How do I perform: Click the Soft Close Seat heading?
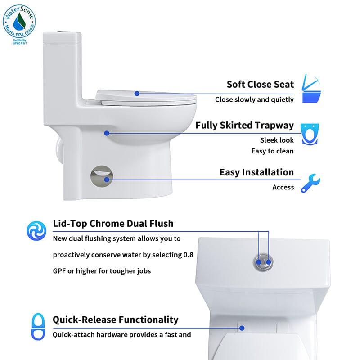pyautogui.click(x=260, y=84)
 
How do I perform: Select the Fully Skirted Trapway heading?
pyautogui.click(x=244, y=125)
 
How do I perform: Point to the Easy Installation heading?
pyautogui.click(x=256, y=172)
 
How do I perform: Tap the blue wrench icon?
pyautogui.click(x=310, y=183)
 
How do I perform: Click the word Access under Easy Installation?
pyautogui.click(x=283, y=187)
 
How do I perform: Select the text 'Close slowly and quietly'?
pyautogui.click(x=254, y=99)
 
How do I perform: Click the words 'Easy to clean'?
pyautogui.click(x=272, y=151)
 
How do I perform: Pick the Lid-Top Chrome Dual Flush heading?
pyautogui.click(x=113, y=223)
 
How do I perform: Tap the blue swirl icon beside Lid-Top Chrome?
pyautogui.click(x=36, y=229)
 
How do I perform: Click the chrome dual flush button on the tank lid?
pyautogui.click(x=264, y=261)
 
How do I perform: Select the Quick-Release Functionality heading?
pyautogui.click(x=116, y=319)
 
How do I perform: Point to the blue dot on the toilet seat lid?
pyautogui.click(x=137, y=94)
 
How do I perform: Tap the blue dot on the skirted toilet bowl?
pyautogui.click(x=107, y=133)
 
